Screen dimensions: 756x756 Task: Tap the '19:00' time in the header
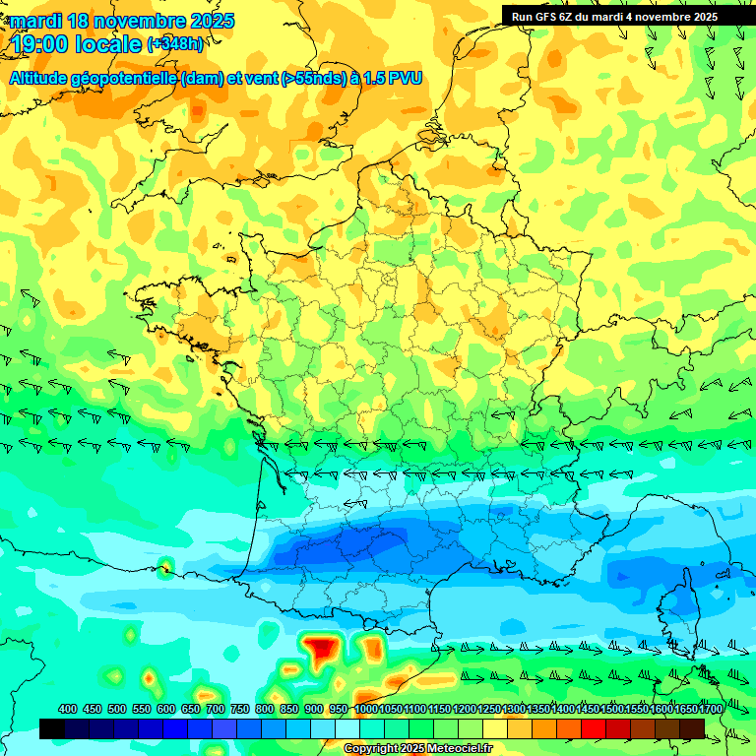coord(41,43)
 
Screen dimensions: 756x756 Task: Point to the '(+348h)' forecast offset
coord(175,43)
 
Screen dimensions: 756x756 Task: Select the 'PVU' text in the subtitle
coord(406,78)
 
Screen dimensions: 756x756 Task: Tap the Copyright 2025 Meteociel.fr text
coord(417,749)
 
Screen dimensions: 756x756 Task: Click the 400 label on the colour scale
coord(68,710)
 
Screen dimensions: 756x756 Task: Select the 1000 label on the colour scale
coord(366,710)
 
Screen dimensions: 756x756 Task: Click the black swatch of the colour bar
coord(52,728)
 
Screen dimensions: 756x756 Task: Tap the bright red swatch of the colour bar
coord(594,728)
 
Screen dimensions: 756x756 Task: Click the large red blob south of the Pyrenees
coord(321,649)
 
